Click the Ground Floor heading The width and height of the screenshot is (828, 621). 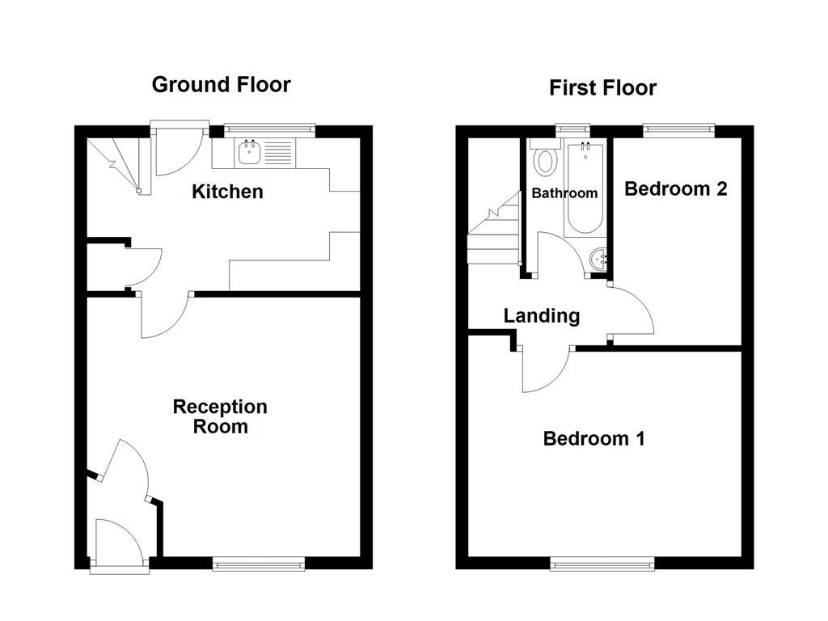[x=221, y=84]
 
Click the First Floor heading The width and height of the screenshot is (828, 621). [x=602, y=87]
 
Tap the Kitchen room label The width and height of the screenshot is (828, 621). [x=227, y=192]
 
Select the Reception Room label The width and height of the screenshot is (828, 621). [x=220, y=416]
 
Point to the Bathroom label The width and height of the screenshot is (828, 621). [x=564, y=193]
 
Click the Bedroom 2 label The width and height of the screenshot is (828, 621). [x=676, y=188]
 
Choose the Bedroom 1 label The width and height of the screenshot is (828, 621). [x=594, y=438]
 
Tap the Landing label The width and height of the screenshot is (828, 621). [x=541, y=315]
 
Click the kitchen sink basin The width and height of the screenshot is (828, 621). [x=248, y=152]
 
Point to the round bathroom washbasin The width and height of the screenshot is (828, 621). [x=600, y=260]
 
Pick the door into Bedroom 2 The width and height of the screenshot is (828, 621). [x=631, y=311]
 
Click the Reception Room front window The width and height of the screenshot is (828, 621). [x=259, y=564]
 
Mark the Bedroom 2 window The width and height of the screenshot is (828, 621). [x=678, y=129]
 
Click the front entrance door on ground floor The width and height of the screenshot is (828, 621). [x=118, y=543]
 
